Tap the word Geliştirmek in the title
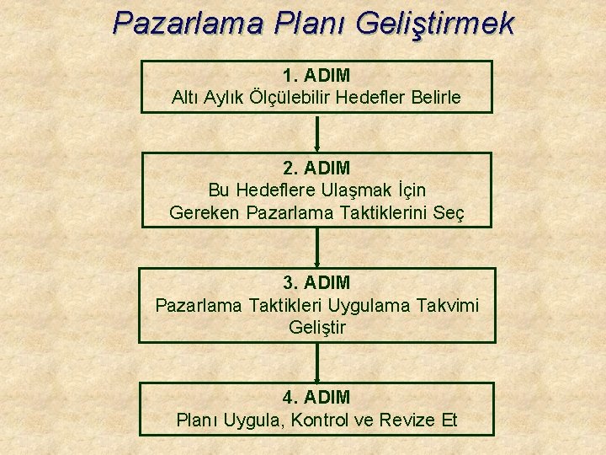coord(435,24)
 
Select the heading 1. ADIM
coord(316,76)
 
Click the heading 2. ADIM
coord(316,169)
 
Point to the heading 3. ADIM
coord(316,282)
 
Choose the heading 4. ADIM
coord(316,396)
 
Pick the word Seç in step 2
coord(449,214)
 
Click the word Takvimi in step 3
coord(447,304)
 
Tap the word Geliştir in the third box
coord(316,327)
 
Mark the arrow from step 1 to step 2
coord(317,132)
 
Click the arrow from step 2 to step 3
coord(317,248)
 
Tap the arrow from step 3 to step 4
coord(317,362)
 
